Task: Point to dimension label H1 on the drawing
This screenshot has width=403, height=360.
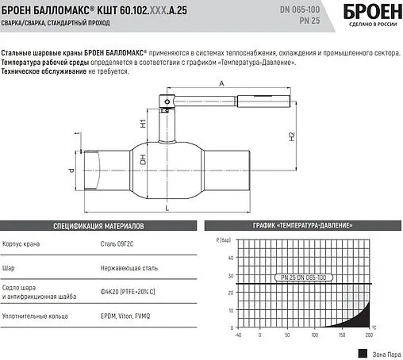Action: click(143, 124)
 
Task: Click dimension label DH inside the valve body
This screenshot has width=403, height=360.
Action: click(143, 163)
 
